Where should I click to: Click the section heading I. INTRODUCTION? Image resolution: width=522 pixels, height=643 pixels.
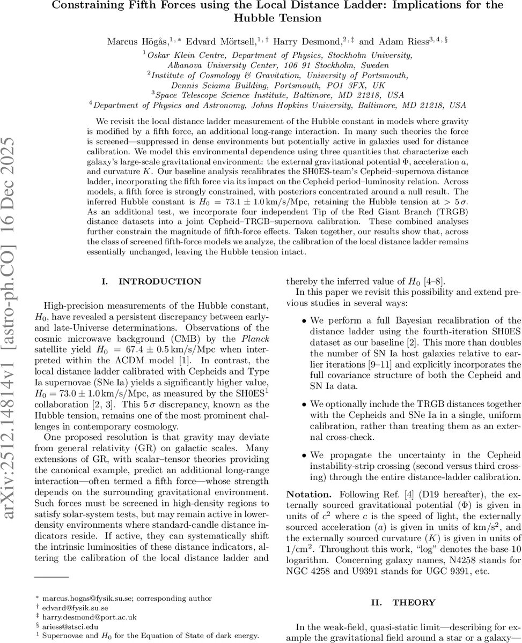pos(152,281)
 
